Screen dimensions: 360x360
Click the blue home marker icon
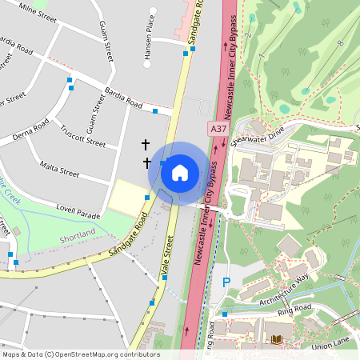click(179, 172)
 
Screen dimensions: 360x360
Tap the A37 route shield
click(218, 128)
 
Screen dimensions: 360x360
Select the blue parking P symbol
click(226, 282)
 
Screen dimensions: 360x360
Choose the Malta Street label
click(59, 170)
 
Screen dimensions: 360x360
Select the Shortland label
click(78, 233)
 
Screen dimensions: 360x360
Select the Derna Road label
click(30, 132)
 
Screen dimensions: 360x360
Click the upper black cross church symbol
click(146, 144)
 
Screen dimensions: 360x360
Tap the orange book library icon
click(277, 340)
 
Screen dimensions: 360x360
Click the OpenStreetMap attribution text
click(81, 354)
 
